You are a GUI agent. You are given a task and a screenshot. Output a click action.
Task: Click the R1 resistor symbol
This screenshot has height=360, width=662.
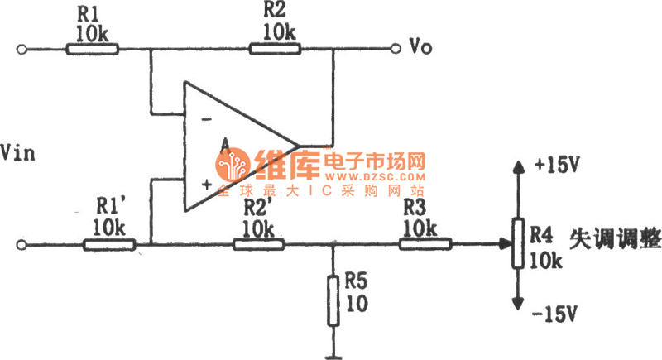coord(92,49)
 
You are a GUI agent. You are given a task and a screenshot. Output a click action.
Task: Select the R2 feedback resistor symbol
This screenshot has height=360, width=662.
coord(276,49)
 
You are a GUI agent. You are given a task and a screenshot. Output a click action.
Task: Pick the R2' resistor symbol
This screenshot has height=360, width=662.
coord(259,245)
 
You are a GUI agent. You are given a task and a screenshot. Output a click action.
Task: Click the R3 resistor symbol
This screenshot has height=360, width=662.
coord(425,245)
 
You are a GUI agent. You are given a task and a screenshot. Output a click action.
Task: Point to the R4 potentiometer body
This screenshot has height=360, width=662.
coord(519,243)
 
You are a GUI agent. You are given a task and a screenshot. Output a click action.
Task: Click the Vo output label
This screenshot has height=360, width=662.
coord(421,46)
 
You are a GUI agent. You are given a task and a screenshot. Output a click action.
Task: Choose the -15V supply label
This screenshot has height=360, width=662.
coord(557,314)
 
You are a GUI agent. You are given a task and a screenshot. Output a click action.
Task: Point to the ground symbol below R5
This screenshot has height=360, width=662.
coord(333,356)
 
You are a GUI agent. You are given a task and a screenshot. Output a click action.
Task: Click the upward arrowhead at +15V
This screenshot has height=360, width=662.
coord(519,168)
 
